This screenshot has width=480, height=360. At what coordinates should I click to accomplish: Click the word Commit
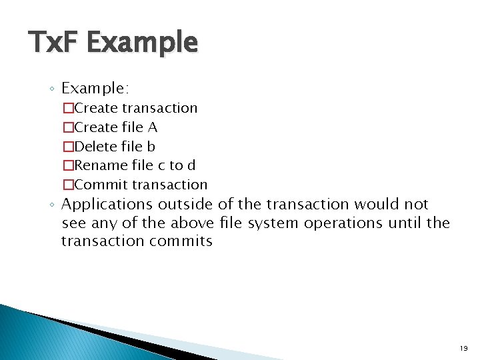point(101,185)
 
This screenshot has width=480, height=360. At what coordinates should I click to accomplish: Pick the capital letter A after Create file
point(153,127)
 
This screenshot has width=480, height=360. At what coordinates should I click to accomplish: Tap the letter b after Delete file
point(151,146)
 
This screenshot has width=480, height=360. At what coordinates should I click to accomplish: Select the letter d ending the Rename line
point(191,165)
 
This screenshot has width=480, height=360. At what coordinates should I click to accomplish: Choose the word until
point(401,223)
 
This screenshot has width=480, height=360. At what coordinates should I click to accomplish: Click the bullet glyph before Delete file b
point(67,147)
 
